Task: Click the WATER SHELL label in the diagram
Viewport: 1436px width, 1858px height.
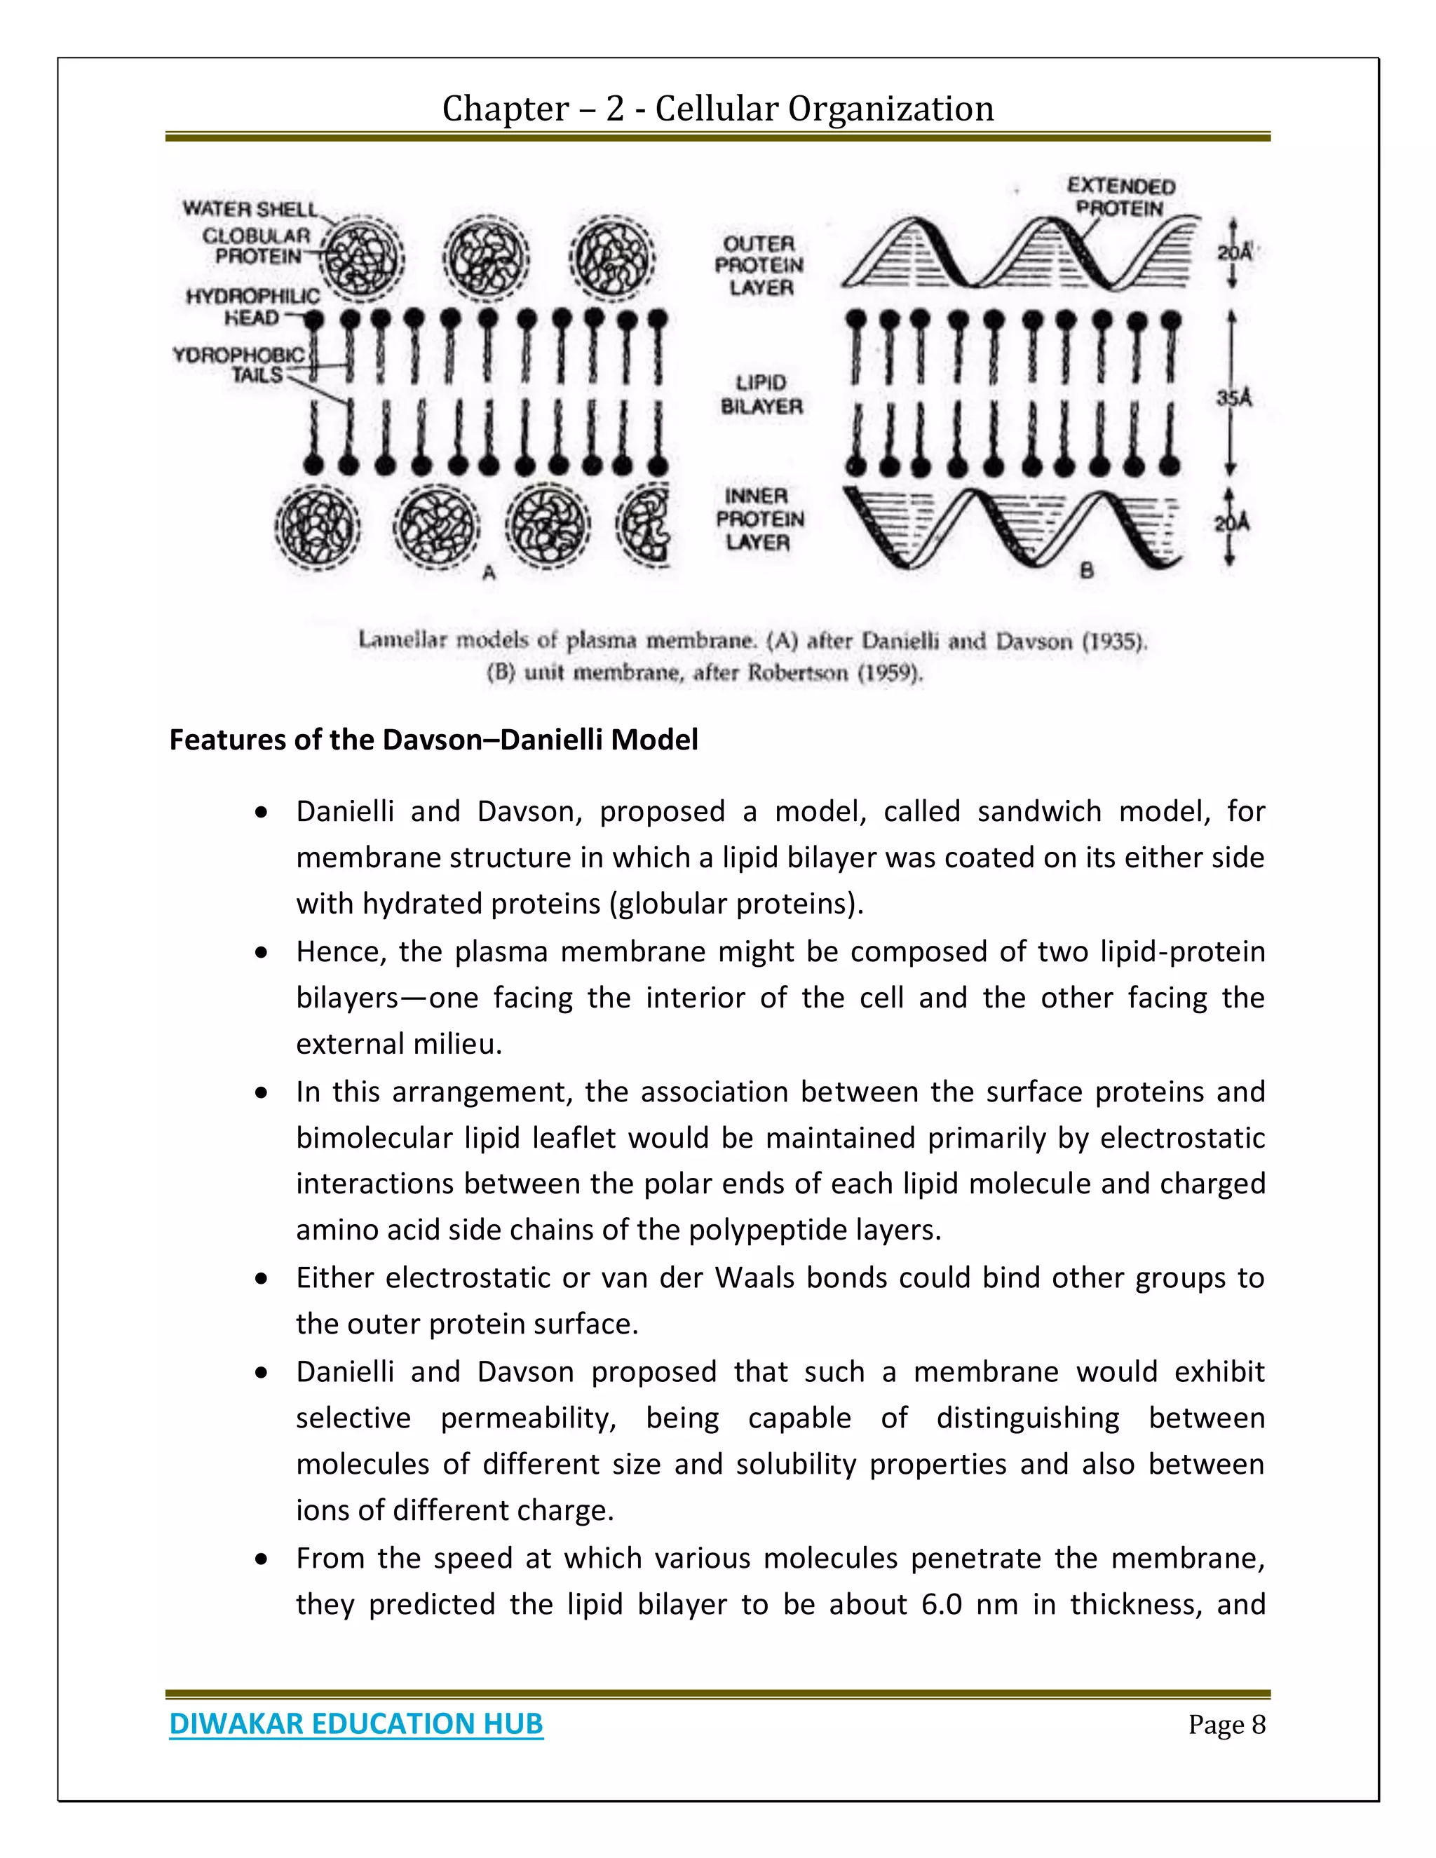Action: click(x=249, y=208)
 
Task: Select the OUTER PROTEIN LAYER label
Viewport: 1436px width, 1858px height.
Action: click(x=759, y=266)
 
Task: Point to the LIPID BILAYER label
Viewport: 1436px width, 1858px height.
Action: click(x=761, y=395)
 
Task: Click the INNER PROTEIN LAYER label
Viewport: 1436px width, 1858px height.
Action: click(x=759, y=518)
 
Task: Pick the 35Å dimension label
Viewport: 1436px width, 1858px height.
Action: click(x=1234, y=398)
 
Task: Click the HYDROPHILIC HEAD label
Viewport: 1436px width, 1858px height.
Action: click(x=252, y=306)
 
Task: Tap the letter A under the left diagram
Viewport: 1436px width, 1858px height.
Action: click(x=489, y=574)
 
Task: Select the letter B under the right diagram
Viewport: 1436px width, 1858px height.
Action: click(x=1085, y=571)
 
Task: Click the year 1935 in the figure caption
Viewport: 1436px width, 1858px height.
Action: click(x=1113, y=642)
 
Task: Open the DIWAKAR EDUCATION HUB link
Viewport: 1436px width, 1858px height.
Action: click(x=355, y=1723)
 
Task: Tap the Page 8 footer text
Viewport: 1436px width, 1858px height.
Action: click(x=1226, y=1725)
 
